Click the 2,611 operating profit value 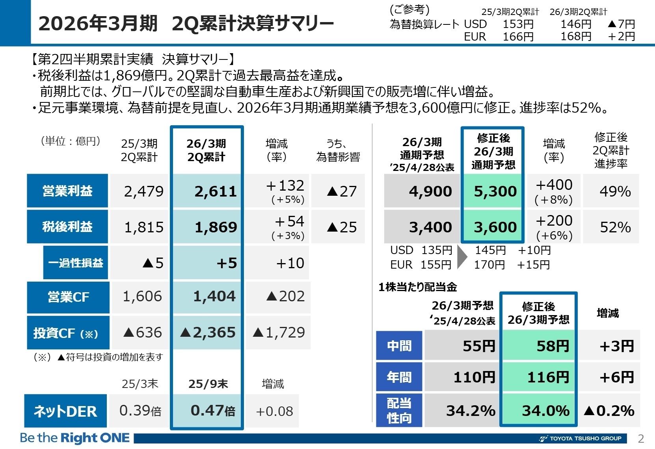(215, 191)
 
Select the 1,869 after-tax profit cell (216, 227)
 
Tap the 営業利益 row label (67, 191)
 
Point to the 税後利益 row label (67, 227)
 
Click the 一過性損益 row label (76, 263)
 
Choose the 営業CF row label (68, 297)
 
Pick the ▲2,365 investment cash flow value (208, 332)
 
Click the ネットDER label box (65, 411)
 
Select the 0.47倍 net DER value (212, 411)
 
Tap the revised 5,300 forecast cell (495, 191)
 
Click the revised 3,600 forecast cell (495, 227)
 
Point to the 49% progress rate (615, 191)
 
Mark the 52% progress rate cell (615, 227)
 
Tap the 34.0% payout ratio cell (545, 411)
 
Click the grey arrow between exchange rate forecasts (462, 257)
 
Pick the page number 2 (641, 438)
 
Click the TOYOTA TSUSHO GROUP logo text (585, 438)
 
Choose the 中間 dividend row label (399, 346)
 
